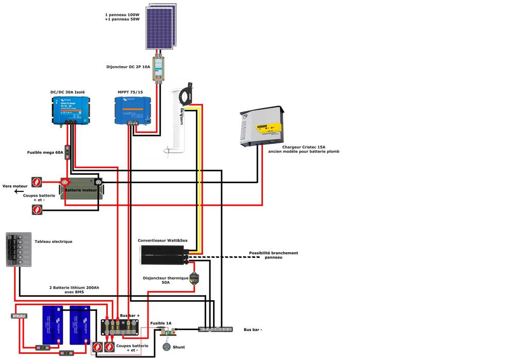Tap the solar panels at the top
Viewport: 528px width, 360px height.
(x=161, y=26)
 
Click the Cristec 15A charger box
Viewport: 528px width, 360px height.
(x=262, y=126)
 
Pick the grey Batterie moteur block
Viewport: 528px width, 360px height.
(x=81, y=189)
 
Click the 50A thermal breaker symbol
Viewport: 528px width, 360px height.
(x=194, y=279)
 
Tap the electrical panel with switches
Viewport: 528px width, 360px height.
(x=19, y=250)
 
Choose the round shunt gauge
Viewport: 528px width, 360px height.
(x=167, y=347)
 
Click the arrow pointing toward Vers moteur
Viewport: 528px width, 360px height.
(x=19, y=192)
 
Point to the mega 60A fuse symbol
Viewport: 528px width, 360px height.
(x=67, y=152)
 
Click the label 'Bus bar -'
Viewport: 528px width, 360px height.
(x=253, y=329)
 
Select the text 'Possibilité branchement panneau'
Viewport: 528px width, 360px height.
(x=273, y=255)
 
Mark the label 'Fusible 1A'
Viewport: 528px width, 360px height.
(x=161, y=323)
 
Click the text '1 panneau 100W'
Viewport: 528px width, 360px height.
(x=122, y=15)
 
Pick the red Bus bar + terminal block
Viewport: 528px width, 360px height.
(x=120, y=326)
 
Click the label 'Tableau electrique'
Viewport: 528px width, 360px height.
(x=53, y=241)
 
